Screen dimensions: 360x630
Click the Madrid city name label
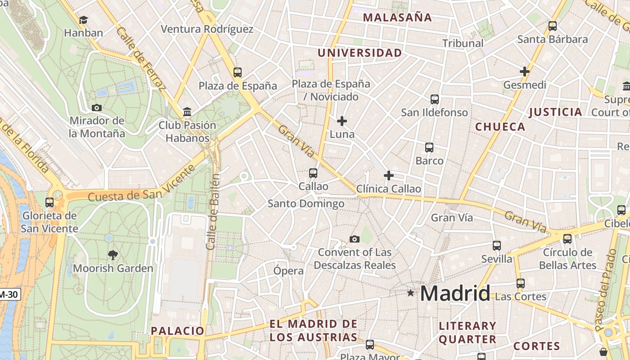455,294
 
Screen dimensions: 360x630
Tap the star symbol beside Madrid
410,293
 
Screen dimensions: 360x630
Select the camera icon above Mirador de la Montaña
96,108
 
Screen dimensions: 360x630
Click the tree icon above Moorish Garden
113,255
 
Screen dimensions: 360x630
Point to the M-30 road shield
9,295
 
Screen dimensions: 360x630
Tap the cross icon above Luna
342,121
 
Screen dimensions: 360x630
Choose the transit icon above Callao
313,173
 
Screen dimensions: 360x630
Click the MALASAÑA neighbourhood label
397,18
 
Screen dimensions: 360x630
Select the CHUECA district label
500,127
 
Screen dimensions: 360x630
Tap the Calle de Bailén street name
212,211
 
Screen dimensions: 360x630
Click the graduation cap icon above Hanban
83,20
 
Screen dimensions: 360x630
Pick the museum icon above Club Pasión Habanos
187,112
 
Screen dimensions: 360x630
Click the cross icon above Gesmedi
524,72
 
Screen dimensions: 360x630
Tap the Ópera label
288,271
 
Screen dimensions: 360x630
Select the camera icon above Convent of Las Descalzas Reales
355,239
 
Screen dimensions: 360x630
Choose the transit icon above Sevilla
497,246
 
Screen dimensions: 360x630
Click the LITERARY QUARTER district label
468,333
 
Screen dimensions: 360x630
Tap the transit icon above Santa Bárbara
553,26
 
